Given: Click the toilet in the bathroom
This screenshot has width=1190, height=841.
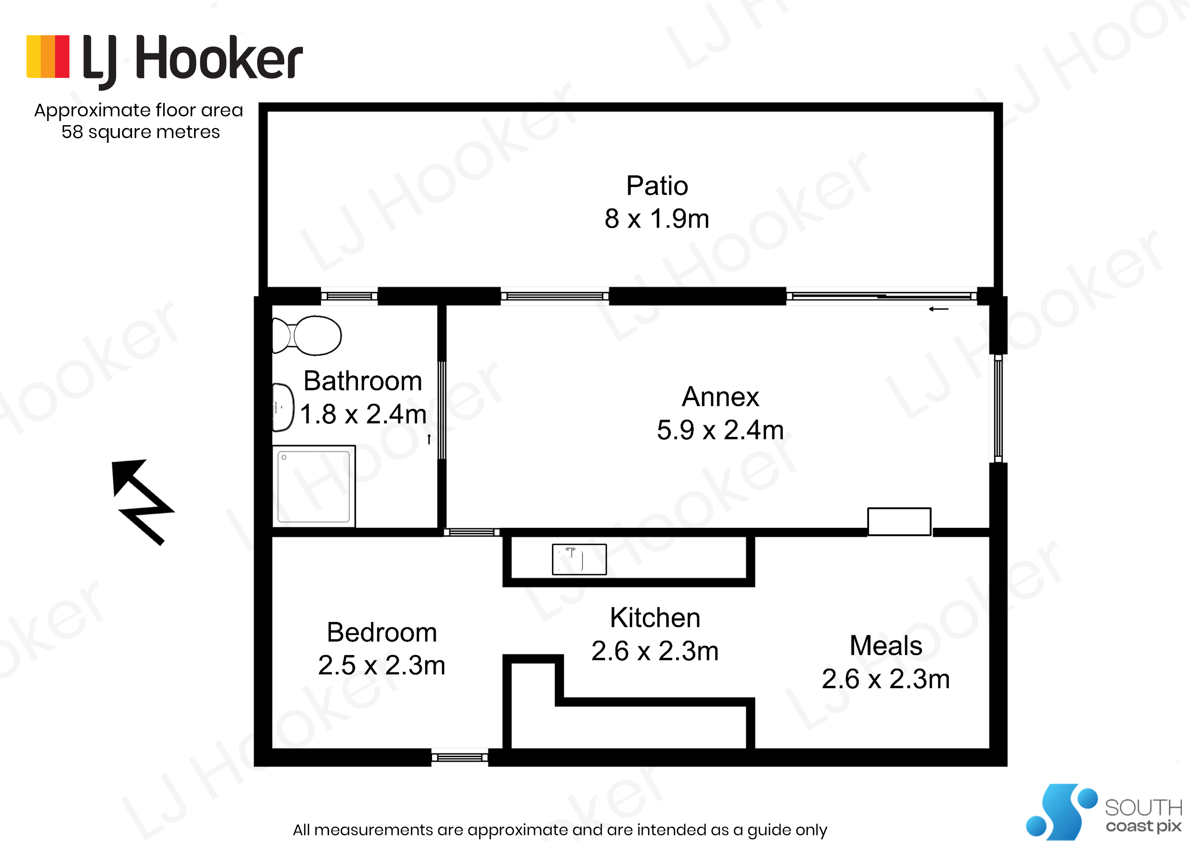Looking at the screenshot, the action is [307, 335].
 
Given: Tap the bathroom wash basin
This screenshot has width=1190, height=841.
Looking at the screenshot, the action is [283, 407].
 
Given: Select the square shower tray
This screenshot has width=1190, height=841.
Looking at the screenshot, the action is [313, 486].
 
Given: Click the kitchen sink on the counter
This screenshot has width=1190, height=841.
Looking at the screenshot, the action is [579, 559].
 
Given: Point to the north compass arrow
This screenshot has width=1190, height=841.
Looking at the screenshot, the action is [142, 502].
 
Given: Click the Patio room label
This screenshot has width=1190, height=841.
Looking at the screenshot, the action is [657, 185].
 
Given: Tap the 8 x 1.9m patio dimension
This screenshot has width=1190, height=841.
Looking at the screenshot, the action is [657, 218].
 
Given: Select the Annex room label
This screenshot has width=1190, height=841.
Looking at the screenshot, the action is [721, 397].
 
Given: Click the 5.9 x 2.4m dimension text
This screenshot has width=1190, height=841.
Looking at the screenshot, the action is [721, 430].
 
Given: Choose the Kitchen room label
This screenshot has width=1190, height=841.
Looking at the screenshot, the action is [655, 618].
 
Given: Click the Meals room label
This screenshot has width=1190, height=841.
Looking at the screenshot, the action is [886, 646].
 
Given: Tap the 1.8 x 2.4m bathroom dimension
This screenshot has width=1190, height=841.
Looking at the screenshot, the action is [363, 414].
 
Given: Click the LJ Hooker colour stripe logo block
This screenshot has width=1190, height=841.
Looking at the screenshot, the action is [48, 57].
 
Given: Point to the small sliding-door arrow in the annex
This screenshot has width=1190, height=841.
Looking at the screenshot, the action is [939, 309].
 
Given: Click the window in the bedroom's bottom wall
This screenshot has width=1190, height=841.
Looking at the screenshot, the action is [460, 758].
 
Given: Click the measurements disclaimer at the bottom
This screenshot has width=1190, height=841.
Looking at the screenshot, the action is [560, 829].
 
